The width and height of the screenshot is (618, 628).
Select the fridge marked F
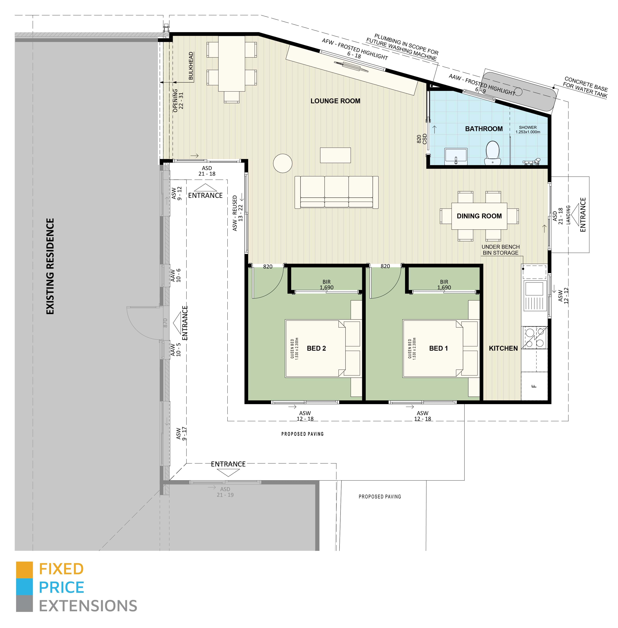534,386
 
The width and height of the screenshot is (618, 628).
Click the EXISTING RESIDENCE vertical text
50,266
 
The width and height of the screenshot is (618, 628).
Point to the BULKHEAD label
191,66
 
